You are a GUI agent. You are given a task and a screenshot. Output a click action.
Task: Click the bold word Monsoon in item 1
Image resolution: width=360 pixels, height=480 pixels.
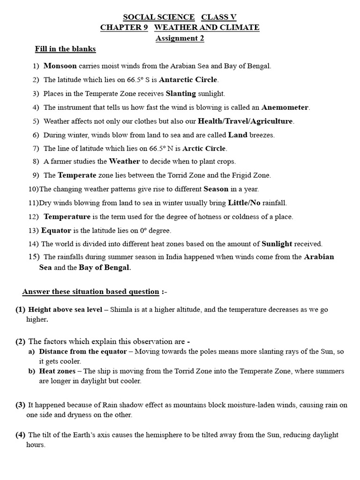coord(60,66)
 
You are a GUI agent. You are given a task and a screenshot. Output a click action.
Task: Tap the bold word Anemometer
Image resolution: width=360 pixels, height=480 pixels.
coord(285,107)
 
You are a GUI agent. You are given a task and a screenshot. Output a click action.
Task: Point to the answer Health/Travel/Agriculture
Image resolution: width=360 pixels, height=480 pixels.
coord(246,121)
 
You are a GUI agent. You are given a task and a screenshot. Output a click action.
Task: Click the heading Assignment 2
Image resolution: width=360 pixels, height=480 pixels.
coord(180,38)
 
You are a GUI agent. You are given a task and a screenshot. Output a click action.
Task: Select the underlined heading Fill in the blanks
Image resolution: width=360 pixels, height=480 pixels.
coord(65,49)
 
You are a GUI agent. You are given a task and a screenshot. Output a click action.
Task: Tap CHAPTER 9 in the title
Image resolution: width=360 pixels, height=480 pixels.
coord(124,28)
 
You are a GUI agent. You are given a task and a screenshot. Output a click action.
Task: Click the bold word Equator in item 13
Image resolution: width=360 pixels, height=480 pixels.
coord(56,231)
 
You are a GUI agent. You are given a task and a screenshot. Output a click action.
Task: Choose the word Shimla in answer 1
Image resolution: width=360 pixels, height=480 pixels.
coord(120,309)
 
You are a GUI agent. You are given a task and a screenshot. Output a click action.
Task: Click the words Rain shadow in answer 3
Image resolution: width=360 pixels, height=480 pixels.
coord(109,405)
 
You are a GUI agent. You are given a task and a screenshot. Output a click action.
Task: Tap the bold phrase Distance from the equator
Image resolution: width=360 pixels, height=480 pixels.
coord(82,352)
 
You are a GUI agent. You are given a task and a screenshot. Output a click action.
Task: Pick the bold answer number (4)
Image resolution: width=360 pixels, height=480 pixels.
coord(20,435)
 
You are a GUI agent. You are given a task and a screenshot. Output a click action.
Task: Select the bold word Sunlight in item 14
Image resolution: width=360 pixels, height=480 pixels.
coord(277,244)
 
